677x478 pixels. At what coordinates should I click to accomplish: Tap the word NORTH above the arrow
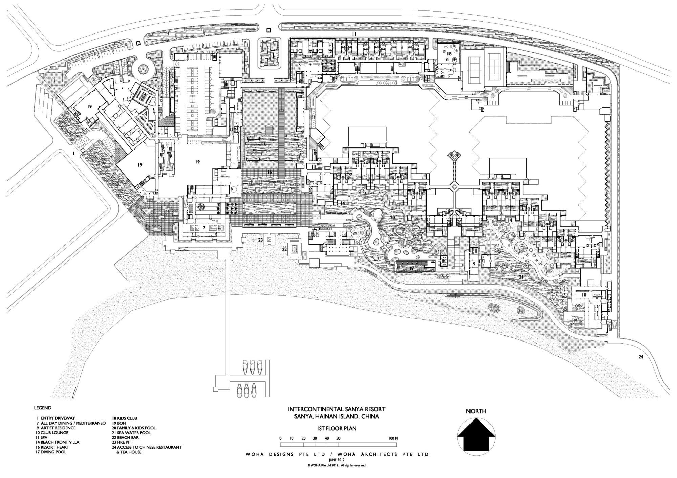pos(476,411)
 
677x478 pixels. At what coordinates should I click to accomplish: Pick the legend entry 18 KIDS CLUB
pos(125,418)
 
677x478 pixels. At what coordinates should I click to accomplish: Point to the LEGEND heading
pos(43,408)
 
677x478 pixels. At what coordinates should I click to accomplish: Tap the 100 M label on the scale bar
pos(393,438)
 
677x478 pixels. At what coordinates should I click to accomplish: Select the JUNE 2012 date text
pos(336,460)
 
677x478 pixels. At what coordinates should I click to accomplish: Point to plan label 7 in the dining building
pos(204,228)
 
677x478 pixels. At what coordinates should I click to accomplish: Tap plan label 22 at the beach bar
pos(284,249)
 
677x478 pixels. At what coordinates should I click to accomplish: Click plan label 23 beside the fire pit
pos(260,240)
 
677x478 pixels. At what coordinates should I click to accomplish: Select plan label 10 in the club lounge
pos(584,295)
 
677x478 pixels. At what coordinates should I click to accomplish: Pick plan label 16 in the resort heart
pos(269,172)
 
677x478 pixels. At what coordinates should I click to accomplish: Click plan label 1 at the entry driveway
pos(73,153)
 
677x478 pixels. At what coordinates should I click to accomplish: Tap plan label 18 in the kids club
pos(449,54)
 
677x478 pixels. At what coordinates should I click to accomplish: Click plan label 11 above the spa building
pos(354,34)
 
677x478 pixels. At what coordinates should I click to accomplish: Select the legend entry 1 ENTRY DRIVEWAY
pos(56,418)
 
